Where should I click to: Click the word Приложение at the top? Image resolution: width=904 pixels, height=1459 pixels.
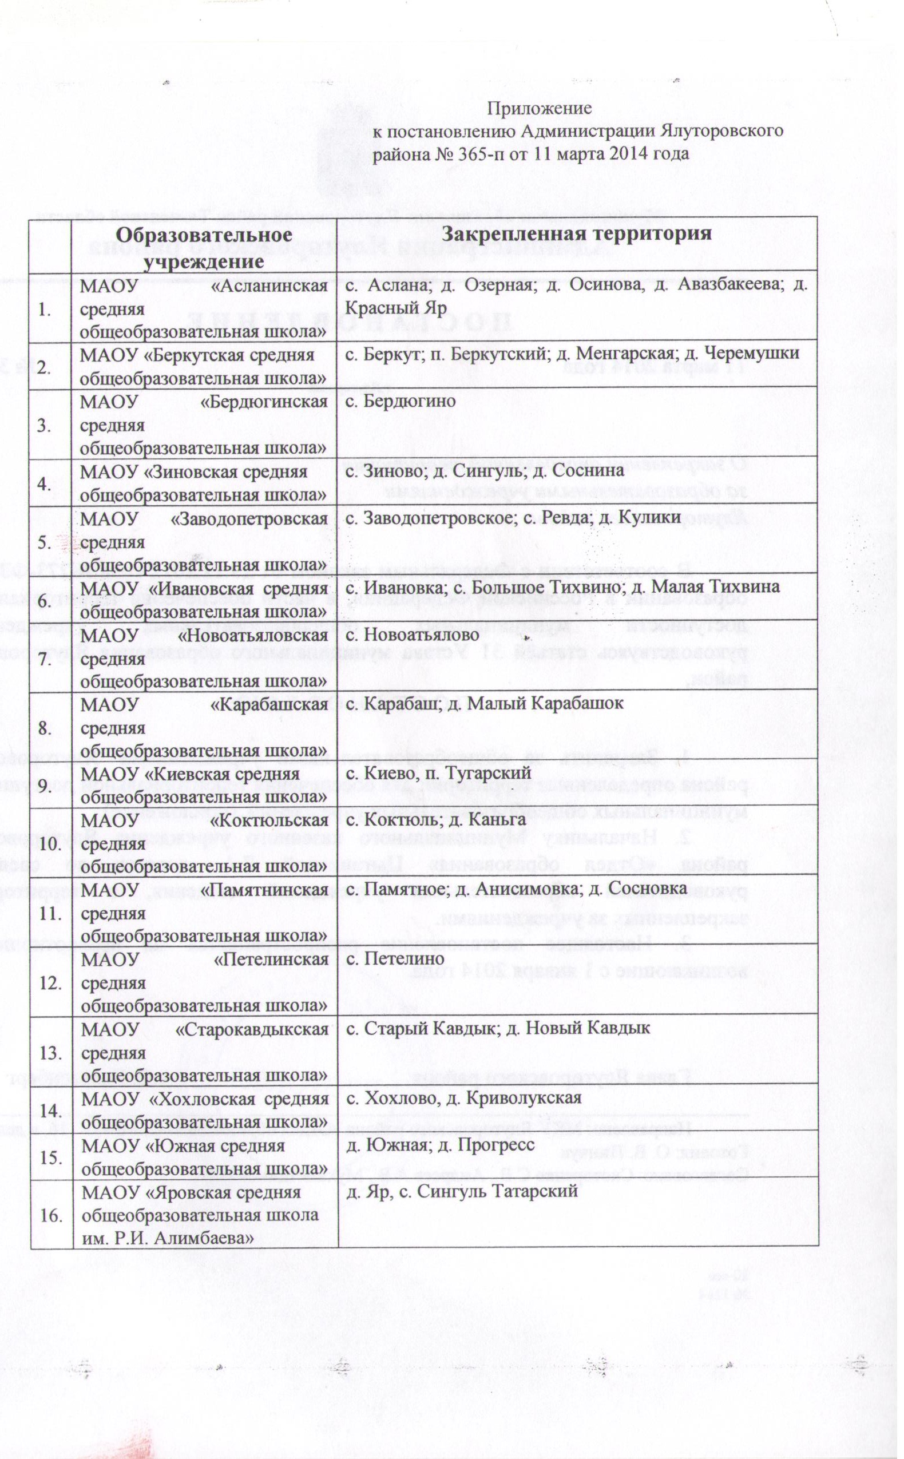pyautogui.click(x=540, y=108)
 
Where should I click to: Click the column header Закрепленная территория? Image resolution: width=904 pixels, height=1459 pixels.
pyautogui.click(x=577, y=233)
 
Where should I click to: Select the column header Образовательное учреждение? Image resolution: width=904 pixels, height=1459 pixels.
pyautogui.click(x=204, y=246)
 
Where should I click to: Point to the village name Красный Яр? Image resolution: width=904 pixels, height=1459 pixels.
pyautogui.click(x=397, y=309)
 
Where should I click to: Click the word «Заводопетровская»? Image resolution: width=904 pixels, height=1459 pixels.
pyautogui.click(x=249, y=519)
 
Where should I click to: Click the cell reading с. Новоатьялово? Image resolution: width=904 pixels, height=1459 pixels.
pyautogui.click(x=413, y=634)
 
